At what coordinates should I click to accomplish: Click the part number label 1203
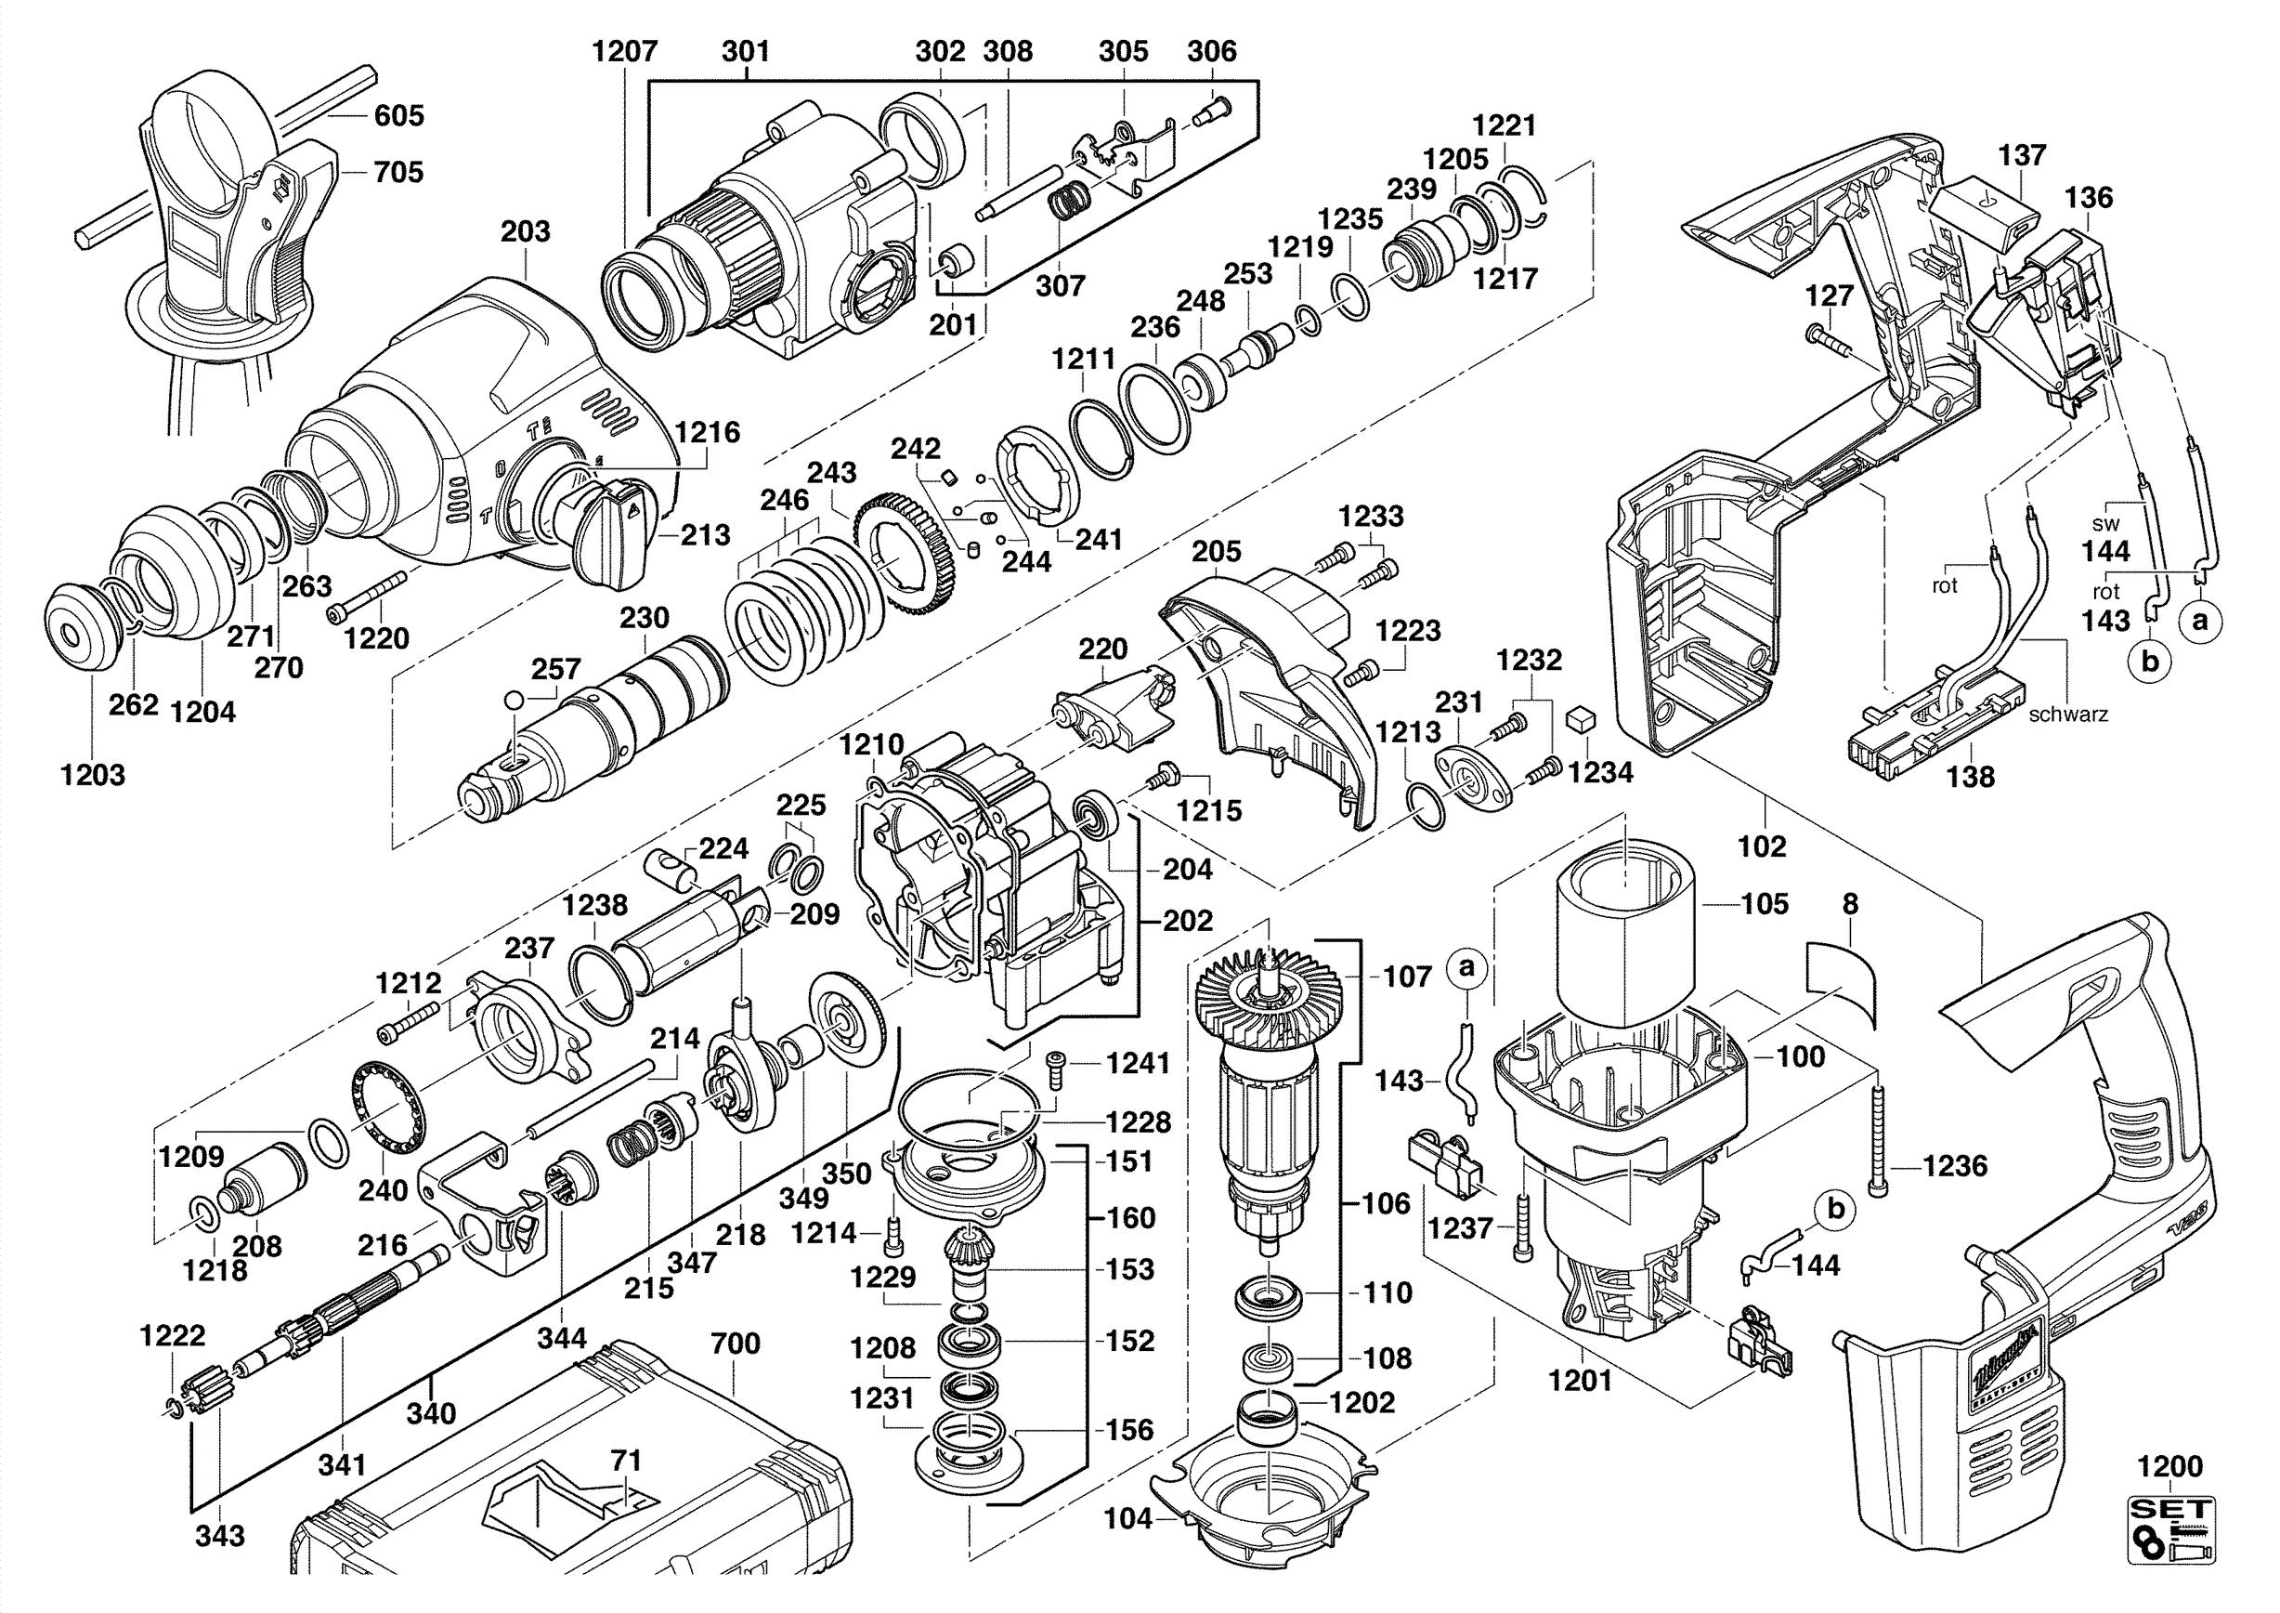click(x=92, y=774)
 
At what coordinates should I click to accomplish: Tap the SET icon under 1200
click(x=2169, y=1542)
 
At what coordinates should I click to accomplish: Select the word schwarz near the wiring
click(x=2067, y=715)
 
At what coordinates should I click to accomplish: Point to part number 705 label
click(x=398, y=172)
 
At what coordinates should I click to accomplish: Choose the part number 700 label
click(x=735, y=1343)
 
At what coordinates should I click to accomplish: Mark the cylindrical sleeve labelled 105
click(x=1629, y=938)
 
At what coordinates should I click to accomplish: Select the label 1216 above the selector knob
click(x=706, y=432)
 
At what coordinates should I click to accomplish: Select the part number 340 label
click(x=431, y=1412)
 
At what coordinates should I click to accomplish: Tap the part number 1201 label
click(x=1581, y=1380)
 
